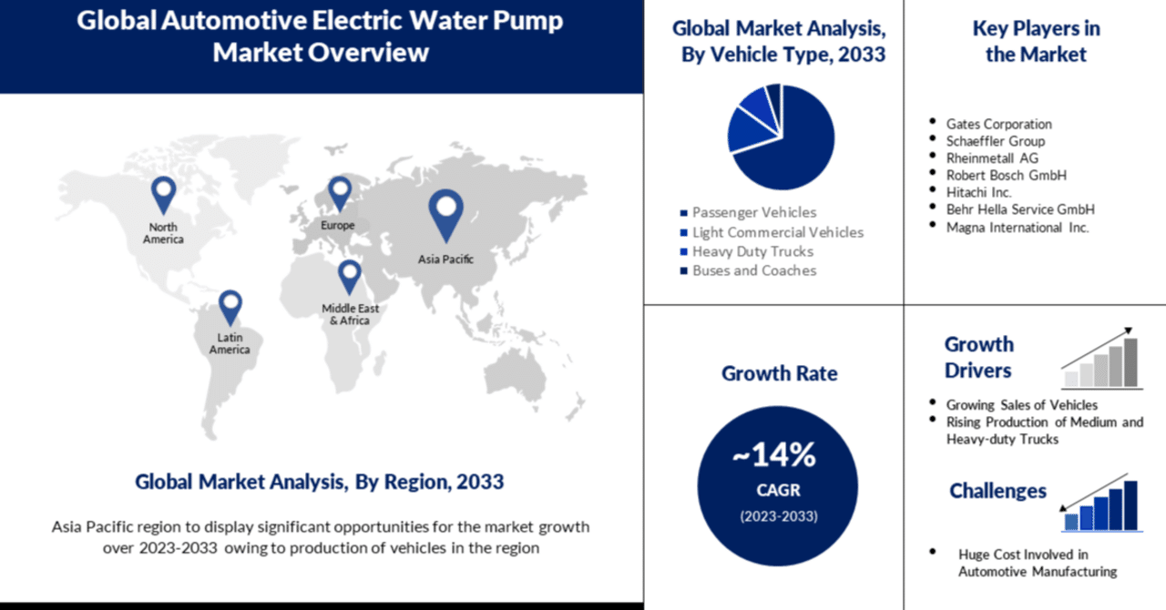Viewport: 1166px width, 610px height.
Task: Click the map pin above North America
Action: pyautogui.click(x=164, y=192)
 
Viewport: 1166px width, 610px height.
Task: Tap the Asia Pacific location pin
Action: pyautogui.click(x=445, y=212)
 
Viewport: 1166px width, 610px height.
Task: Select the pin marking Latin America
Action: pyautogui.click(x=230, y=306)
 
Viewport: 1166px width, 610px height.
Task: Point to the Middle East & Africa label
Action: pyautogui.click(x=350, y=314)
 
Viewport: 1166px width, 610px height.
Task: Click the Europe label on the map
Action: pyautogui.click(x=337, y=225)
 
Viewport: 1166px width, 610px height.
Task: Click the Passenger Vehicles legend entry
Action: pyautogui.click(x=753, y=212)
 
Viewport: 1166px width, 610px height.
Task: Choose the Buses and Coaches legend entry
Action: pyautogui.click(x=753, y=270)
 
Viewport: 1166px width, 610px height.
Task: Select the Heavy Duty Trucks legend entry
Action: pyautogui.click(x=752, y=251)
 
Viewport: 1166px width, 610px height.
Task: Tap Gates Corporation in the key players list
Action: pyautogui.click(x=998, y=124)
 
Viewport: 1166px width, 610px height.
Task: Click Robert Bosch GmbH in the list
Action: pyautogui.click(x=1006, y=175)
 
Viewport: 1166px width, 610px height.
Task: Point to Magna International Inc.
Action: pyautogui.click(x=1017, y=228)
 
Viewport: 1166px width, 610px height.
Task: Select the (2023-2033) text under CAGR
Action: pyautogui.click(x=777, y=516)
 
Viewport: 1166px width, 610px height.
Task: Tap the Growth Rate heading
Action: pyautogui.click(x=779, y=373)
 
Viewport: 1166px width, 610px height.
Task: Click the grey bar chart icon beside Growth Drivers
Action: pyautogui.click(x=1101, y=360)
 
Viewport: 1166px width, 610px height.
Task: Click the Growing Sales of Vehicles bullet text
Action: pyautogui.click(x=1021, y=404)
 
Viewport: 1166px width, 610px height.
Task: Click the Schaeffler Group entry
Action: pyautogui.click(x=995, y=141)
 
